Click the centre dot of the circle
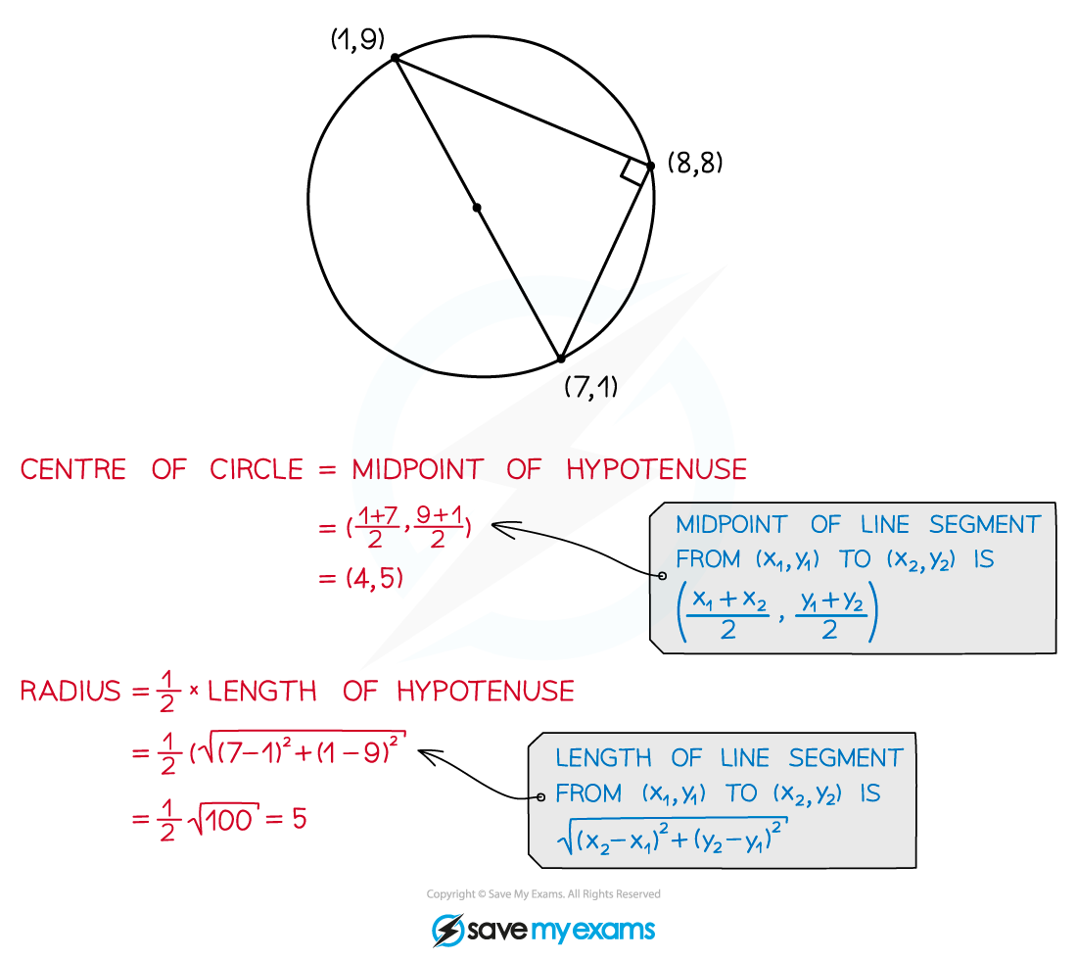tap(477, 208)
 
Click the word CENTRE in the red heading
tap(73, 470)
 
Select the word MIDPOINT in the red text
tap(418, 470)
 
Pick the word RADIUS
tap(70, 692)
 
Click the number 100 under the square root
tap(229, 821)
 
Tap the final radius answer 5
tap(300, 818)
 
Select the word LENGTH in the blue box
tap(603, 758)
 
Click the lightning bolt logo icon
tap(447, 931)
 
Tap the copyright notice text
tap(543, 894)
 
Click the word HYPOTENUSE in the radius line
tap(486, 692)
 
